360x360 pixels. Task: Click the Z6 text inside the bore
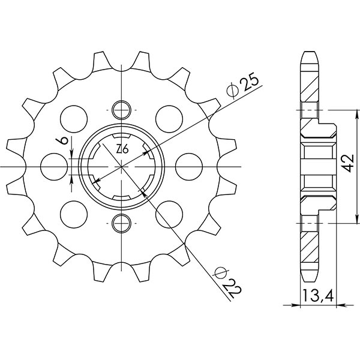point(121,149)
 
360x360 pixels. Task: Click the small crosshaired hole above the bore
point(122,110)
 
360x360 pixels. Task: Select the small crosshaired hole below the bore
point(122,223)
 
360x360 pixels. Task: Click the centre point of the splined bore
point(122,166)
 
